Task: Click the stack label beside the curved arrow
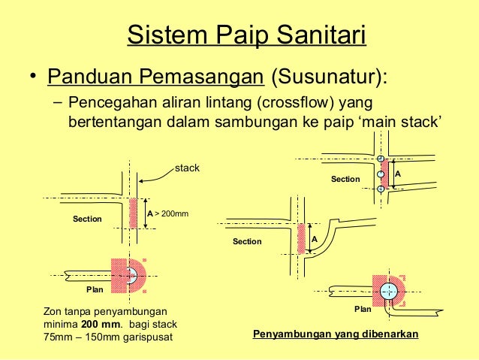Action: point(187,168)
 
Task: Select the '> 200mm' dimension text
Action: point(171,214)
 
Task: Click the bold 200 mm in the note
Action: point(95,324)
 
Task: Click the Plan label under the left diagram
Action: point(93,289)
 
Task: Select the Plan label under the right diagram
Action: point(363,309)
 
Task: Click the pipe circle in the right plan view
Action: point(388,290)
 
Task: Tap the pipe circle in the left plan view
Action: point(131,274)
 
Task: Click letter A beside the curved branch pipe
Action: point(315,239)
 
